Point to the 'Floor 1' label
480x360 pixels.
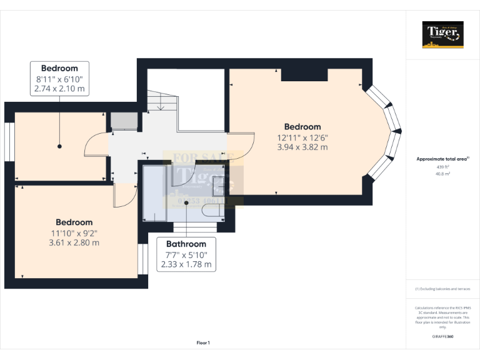coord(203,343)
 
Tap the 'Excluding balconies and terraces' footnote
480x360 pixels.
coord(442,289)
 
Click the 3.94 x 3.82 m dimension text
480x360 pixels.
coord(302,147)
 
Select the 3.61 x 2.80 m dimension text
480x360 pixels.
coord(74,242)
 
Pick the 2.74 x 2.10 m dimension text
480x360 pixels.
coord(59,89)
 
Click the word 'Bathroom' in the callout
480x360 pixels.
coord(186,244)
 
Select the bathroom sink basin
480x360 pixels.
coord(219,184)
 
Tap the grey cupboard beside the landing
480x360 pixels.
coord(124,120)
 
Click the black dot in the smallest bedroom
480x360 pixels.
coord(59,146)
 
